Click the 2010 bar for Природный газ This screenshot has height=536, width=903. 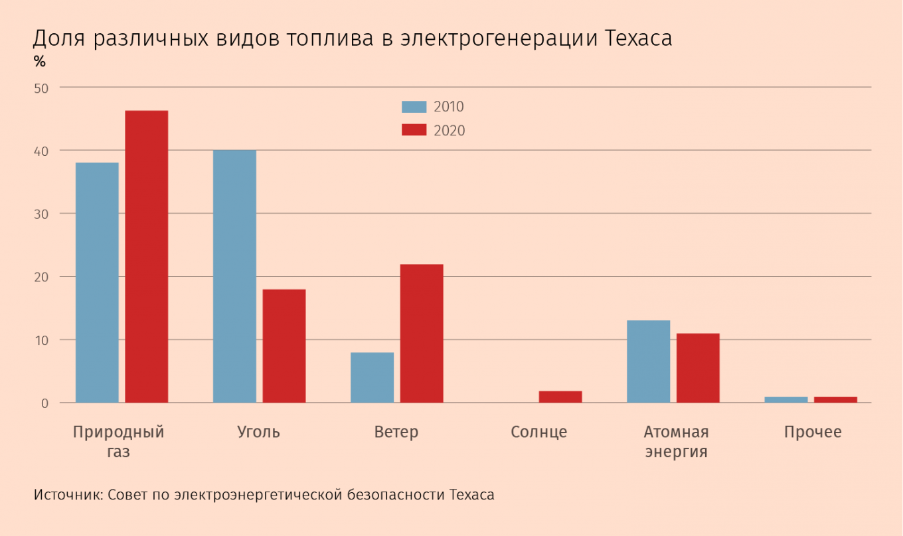coord(97,283)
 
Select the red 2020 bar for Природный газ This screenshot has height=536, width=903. coord(147,256)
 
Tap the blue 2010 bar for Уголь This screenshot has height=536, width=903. coord(234,276)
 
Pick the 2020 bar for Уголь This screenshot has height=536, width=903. coord(284,346)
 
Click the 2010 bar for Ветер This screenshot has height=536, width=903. coord(372,377)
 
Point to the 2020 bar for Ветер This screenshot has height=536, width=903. coord(422,333)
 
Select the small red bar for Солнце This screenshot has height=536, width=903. coord(560,397)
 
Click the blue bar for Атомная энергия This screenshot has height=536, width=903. coord(648,362)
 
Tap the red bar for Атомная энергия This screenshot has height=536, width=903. coord(698,368)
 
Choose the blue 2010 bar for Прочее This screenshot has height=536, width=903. coord(786,399)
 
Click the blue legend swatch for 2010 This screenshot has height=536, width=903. coord(414,107)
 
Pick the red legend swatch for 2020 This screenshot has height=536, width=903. coord(414,130)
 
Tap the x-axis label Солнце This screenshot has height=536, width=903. coord(539,433)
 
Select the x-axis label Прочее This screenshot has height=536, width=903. coord(813,433)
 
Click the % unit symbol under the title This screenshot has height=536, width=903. coord(39,63)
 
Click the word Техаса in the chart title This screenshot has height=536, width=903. coord(638,38)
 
